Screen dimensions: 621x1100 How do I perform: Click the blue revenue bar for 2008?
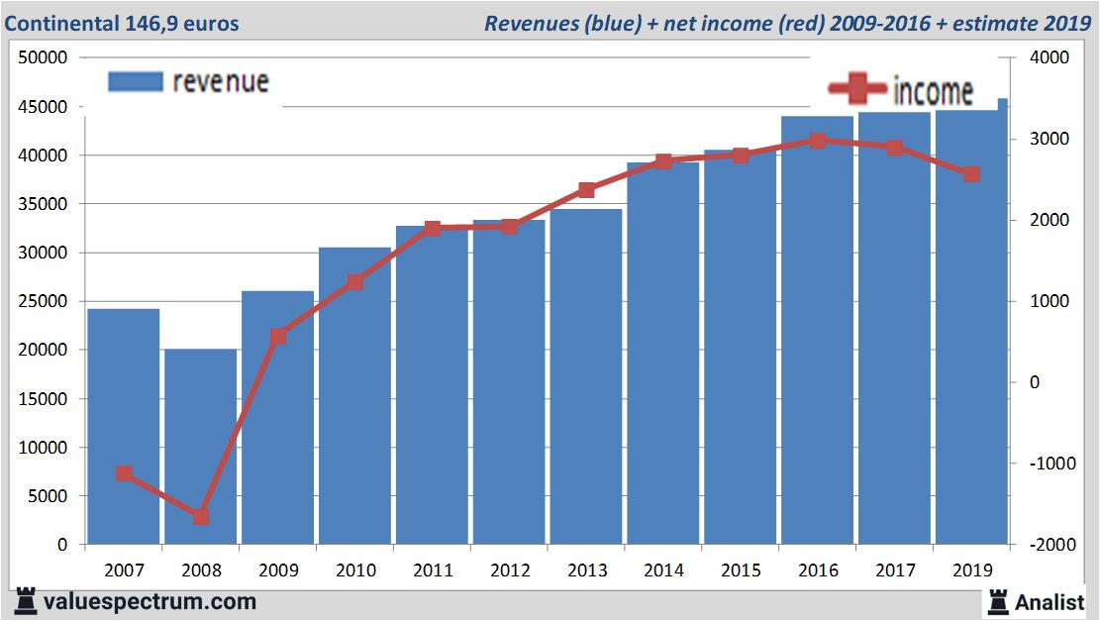200,446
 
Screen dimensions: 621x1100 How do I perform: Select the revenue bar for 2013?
586,376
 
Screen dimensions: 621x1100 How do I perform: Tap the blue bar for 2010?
354,396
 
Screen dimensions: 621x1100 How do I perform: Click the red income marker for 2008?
201,516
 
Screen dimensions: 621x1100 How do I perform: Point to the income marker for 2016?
818,141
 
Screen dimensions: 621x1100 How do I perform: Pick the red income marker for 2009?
278,336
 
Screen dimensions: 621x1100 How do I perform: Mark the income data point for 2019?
971,174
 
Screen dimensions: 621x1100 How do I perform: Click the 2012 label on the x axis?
509,570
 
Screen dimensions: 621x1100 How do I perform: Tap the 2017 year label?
894,570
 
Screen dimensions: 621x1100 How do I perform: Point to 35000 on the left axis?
44,204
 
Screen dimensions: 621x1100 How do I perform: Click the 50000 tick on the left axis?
44,58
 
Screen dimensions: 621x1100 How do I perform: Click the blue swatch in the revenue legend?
135,81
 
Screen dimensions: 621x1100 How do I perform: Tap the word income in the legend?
933,91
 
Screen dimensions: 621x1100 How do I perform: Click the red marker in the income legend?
857,90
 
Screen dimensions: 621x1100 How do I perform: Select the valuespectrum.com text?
150,601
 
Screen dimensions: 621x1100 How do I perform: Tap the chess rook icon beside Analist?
998,600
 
